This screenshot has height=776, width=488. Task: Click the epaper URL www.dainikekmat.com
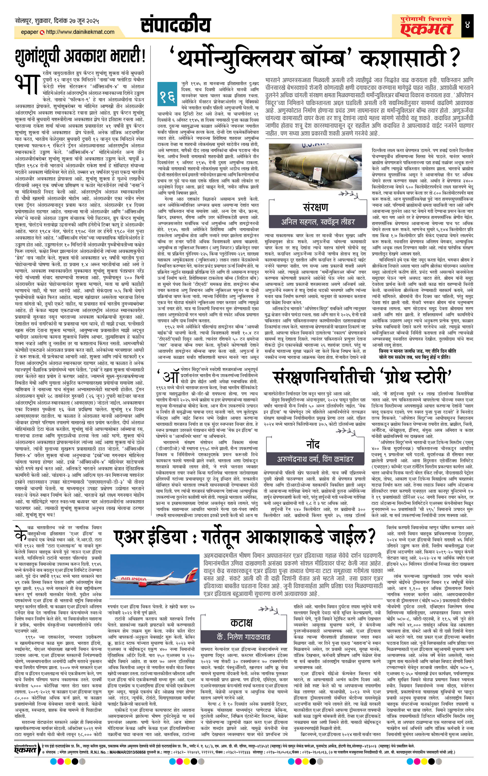point(80,32)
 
